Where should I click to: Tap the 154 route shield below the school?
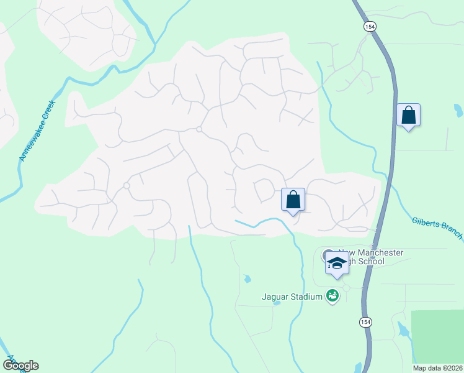pyautogui.click(x=366, y=321)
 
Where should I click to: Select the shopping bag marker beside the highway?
pyautogui.click(x=408, y=116)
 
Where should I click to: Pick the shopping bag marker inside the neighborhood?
pyautogui.click(x=293, y=200)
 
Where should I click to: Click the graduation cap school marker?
pyautogui.click(x=336, y=263)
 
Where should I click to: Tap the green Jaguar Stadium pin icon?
pyautogui.click(x=332, y=296)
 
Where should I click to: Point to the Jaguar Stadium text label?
pyautogui.click(x=291, y=297)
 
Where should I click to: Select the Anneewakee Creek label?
pyautogui.click(x=37, y=131)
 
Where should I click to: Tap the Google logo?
pyautogui.click(x=20, y=366)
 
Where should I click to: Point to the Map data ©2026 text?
pyautogui.click(x=437, y=368)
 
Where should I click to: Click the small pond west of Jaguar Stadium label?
pyautogui.click(x=248, y=279)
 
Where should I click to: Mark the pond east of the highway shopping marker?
pyautogui.click(x=458, y=111)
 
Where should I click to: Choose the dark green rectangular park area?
pyautogui.click(x=437, y=336)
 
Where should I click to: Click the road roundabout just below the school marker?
pyautogui.click(x=346, y=288)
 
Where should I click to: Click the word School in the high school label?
pyautogui.click(x=371, y=261)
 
